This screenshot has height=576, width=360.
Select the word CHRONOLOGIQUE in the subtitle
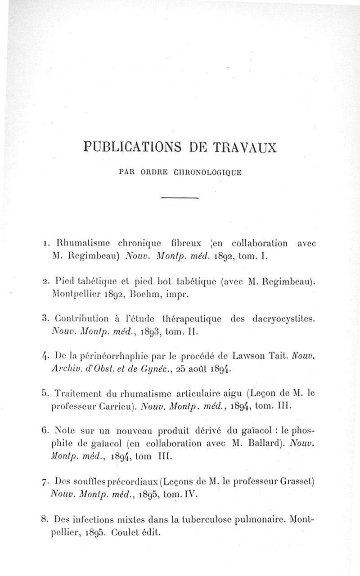pos(204,171)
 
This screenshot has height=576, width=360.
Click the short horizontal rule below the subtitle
pos(180,197)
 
